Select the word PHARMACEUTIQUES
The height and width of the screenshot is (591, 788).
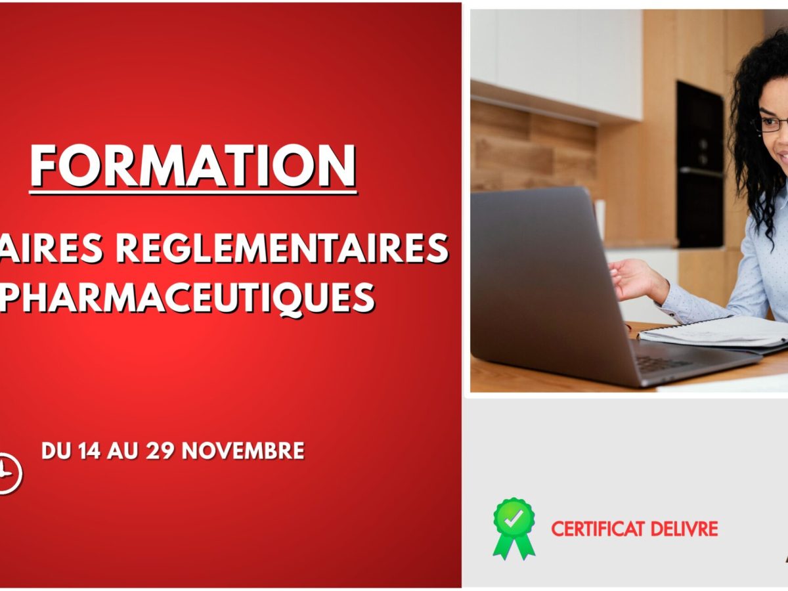pos(187,297)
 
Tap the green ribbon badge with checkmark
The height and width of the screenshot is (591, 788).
pos(514,526)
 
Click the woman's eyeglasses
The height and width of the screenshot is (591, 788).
pos(772,123)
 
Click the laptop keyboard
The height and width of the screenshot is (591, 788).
pos(663,362)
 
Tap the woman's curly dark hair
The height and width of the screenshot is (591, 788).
pos(749,151)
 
